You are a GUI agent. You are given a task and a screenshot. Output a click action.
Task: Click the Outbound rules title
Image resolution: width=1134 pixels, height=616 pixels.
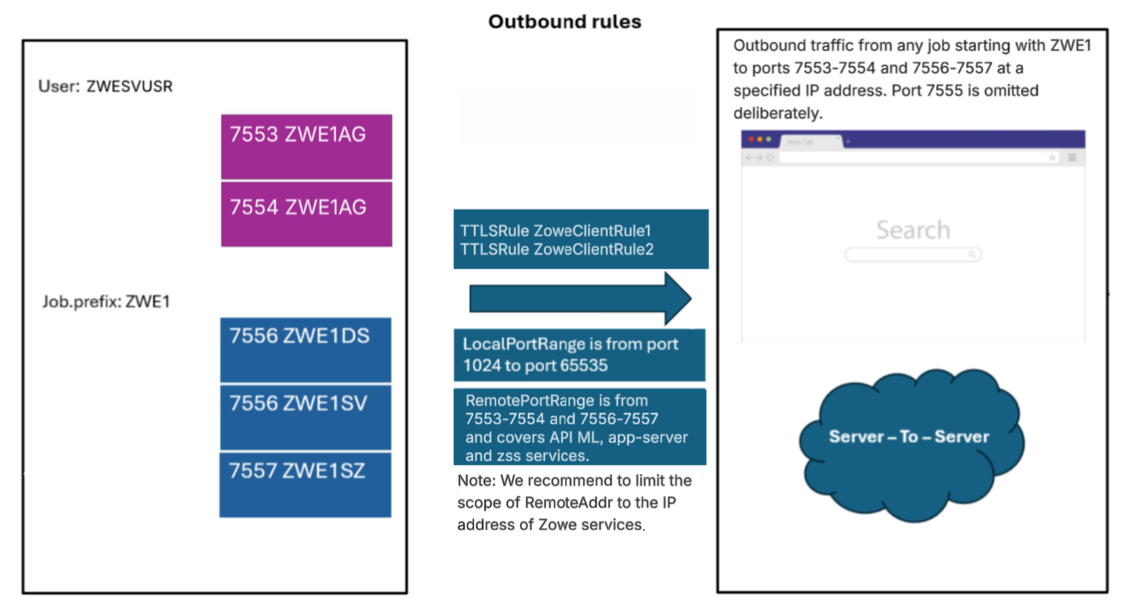pyautogui.click(x=565, y=22)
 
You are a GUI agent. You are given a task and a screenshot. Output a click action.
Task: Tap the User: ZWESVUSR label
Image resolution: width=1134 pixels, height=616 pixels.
pyautogui.click(x=105, y=86)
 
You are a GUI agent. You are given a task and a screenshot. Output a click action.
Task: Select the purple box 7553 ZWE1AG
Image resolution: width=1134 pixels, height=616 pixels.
pyautogui.click(x=306, y=146)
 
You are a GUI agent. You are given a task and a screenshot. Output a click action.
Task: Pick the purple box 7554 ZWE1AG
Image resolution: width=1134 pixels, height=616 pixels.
pyautogui.click(x=306, y=214)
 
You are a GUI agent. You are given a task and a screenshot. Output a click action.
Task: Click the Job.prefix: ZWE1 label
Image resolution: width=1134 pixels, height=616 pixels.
pyautogui.click(x=106, y=301)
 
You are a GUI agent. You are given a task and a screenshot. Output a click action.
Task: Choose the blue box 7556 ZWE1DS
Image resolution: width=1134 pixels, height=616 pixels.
pyautogui.click(x=305, y=349)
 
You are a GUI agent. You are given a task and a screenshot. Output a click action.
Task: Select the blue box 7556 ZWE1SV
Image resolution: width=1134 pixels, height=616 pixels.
pyautogui.click(x=305, y=417)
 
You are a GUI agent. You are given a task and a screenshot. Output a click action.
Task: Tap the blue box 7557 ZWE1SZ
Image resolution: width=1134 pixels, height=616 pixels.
pyautogui.click(x=305, y=484)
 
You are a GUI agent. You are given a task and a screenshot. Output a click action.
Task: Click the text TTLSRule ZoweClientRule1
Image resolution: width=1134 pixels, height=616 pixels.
pyautogui.click(x=555, y=231)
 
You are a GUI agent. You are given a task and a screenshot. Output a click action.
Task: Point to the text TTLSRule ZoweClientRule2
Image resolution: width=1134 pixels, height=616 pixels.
pyautogui.click(x=556, y=249)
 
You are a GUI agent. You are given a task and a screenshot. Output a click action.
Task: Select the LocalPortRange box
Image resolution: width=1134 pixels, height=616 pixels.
pyautogui.click(x=579, y=354)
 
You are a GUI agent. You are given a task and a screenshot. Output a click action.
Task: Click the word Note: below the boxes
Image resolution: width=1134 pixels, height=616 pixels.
pyautogui.click(x=475, y=480)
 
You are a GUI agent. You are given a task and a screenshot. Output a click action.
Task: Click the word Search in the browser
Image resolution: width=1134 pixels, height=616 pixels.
pyautogui.click(x=912, y=230)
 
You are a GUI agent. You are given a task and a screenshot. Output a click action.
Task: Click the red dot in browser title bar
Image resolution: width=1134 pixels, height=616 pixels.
pyautogui.click(x=750, y=140)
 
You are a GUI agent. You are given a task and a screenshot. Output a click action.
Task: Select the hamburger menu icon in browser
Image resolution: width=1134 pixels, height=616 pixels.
pyautogui.click(x=1072, y=157)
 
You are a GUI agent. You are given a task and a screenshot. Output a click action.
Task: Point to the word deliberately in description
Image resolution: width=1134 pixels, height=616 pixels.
pyautogui.click(x=776, y=112)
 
